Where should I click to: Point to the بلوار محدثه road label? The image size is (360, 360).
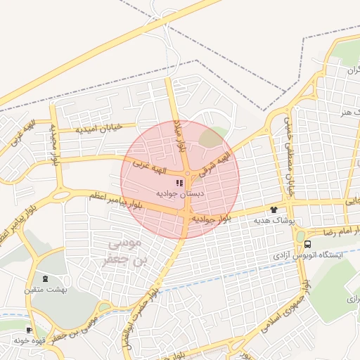point(53,145)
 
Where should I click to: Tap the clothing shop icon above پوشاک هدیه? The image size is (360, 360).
point(274,210)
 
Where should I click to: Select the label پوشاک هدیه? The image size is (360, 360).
point(270,220)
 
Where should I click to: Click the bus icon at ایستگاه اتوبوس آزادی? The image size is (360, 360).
point(308,244)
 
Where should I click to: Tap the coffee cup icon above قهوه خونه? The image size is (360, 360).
point(29,330)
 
